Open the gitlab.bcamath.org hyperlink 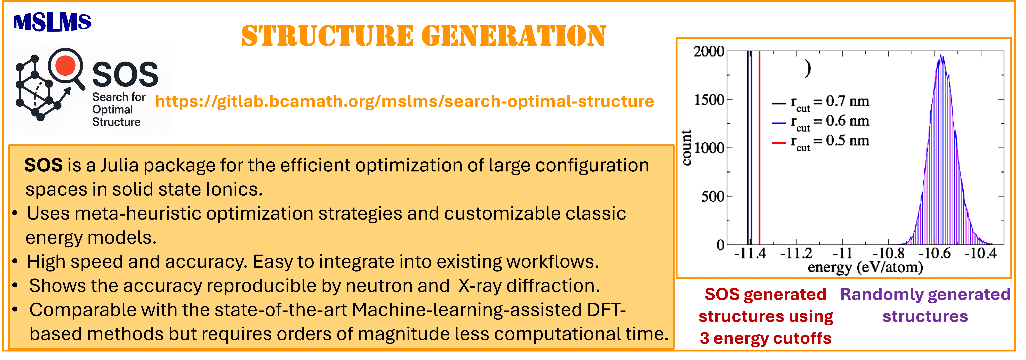(x=404, y=102)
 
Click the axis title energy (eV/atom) (x=865, y=267)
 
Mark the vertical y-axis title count (x=686, y=147)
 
